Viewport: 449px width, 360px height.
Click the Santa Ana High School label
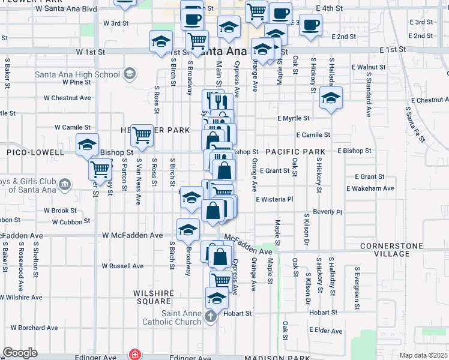(77, 74)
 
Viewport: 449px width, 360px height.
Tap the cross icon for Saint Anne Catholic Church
(210, 317)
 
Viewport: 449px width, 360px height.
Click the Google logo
(20, 353)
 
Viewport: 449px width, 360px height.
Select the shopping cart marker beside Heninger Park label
(142, 135)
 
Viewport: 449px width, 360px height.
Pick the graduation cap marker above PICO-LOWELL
(88, 144)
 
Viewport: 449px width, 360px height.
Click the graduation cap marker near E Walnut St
(330, 97)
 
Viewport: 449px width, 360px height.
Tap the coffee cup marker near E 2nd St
(310, 25)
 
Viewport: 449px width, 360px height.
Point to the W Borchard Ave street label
(34, 328)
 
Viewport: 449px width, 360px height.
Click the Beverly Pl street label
(327, 212)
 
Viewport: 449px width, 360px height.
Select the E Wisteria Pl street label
(274, 199)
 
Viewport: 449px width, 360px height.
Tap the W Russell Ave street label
(122, 266)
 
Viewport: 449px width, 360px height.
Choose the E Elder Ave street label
(326, 331)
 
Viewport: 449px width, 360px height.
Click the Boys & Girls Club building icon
(65, 183)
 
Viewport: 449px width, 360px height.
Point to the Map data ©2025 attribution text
(423, 355)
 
